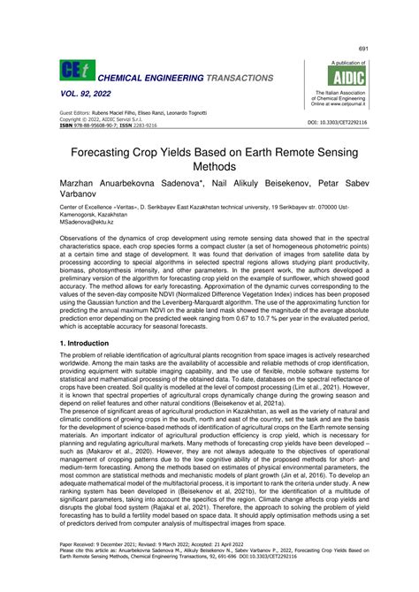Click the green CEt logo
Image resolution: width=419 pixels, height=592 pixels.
coord(72,72)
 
